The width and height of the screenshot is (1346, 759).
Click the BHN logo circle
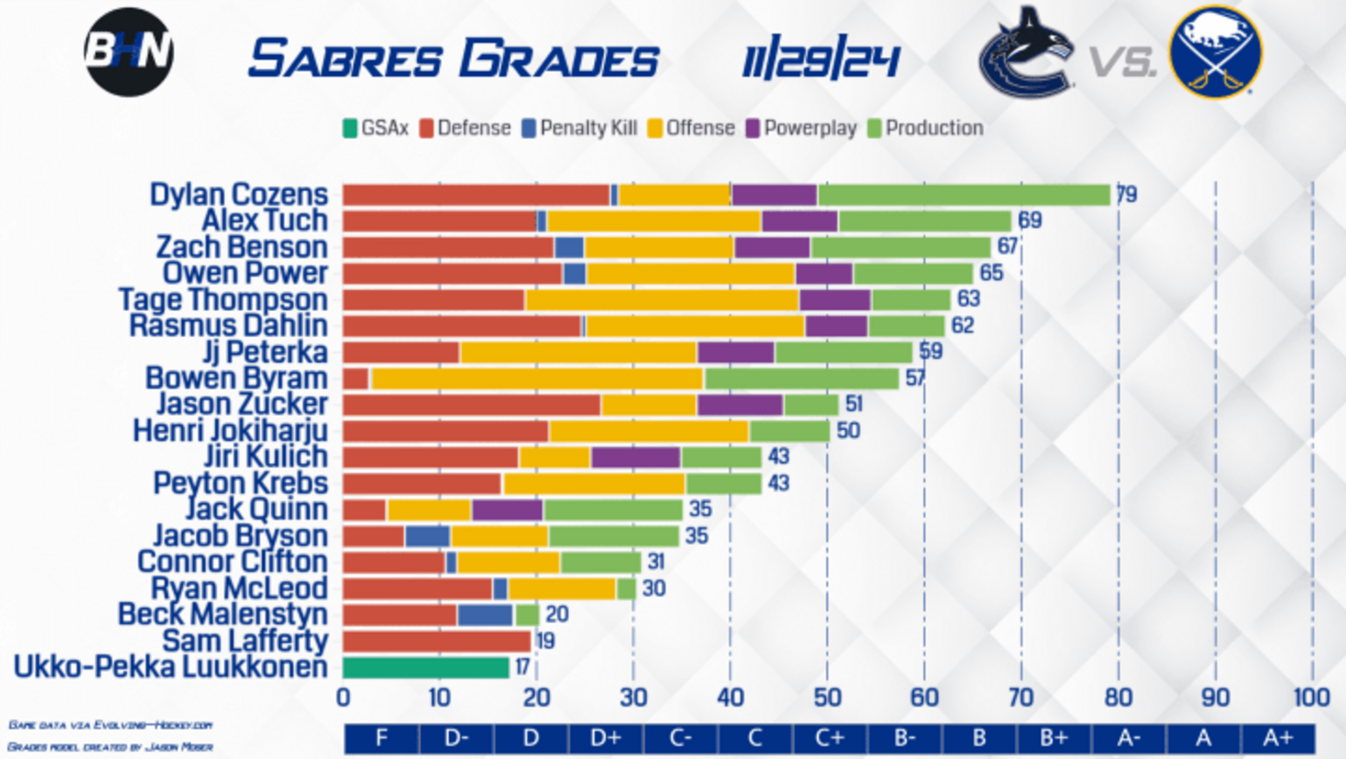[129, 52]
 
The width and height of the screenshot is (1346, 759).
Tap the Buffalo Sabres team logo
[1216, 52]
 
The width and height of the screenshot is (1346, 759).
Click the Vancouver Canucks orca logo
[1026, 52]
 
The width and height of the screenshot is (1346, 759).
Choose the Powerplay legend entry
[802, 128]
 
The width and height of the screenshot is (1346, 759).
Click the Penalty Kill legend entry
[580, 128]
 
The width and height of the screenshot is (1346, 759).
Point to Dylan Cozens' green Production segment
[964, 195]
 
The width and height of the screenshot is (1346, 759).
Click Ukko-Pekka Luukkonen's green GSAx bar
[426, 667]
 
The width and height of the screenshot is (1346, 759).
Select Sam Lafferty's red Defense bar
[437, 641]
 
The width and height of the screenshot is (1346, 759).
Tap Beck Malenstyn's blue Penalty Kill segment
[485, 615]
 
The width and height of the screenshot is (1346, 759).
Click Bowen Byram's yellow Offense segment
[537, 378]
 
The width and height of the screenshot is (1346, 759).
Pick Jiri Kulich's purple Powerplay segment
[636, 458]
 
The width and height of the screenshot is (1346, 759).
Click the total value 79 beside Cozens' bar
[1126, 194]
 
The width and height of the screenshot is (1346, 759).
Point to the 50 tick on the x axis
[828, 698]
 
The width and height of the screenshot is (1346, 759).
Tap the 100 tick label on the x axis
[1312, 698]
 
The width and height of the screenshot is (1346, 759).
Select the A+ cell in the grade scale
[1278, 738]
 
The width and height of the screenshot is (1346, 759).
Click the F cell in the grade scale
[381, 738]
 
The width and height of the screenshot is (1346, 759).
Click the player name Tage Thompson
[223, 299]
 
